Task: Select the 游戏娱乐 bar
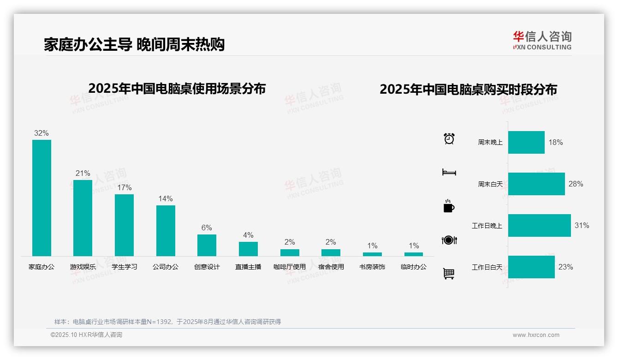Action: [83, 218]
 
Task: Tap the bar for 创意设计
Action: [207, 245]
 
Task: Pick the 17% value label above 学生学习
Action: [124, 187]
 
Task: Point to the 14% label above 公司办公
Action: [165, 198]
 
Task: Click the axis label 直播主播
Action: [248, 267]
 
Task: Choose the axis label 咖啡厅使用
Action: [290, 267]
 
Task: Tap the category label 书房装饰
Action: [372, 267]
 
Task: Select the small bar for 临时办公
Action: [414, 254]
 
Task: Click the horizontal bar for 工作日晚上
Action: [539, 225]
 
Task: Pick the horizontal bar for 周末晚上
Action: [526, 142]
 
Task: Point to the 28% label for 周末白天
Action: [576, 184]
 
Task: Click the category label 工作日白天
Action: [487, 267]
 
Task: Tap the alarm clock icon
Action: [449, 138]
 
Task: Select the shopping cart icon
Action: [449, 274]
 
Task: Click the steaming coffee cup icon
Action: [449, 206]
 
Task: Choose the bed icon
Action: [449, 172]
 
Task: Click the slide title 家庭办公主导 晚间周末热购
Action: [134, 45]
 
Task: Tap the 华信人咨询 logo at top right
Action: [542, 40]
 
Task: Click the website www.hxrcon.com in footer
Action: [536, 335]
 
